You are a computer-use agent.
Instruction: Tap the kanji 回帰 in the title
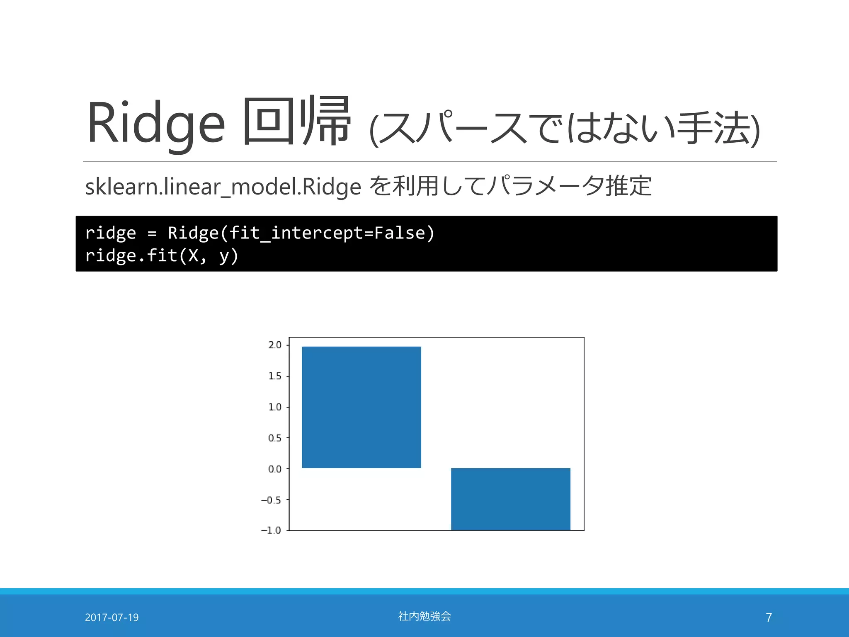tap(297, 121)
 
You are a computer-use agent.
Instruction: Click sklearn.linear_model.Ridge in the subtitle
tap(223, 187)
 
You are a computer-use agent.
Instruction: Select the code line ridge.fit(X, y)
tap(162, 255)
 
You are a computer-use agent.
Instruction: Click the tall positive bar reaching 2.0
tap(361, 407)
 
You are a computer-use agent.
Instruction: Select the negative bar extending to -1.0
tap(510, 499)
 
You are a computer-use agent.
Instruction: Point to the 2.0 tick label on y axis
tap(274, 345)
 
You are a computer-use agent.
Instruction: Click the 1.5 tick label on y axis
tap(274, 376)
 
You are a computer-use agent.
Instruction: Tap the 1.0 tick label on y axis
tap(274, 407)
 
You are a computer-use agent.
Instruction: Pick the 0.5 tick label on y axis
tap(274, 438)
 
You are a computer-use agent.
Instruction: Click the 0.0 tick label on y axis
tap(274, 469)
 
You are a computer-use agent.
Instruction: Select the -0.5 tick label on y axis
tap(271, 500)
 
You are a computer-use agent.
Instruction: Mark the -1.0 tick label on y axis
tap(271, 530)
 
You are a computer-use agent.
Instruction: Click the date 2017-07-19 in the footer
tap(112, 618)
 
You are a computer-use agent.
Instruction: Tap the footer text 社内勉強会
tap(424, 616)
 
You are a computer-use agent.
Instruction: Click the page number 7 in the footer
tap(769, 618)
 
